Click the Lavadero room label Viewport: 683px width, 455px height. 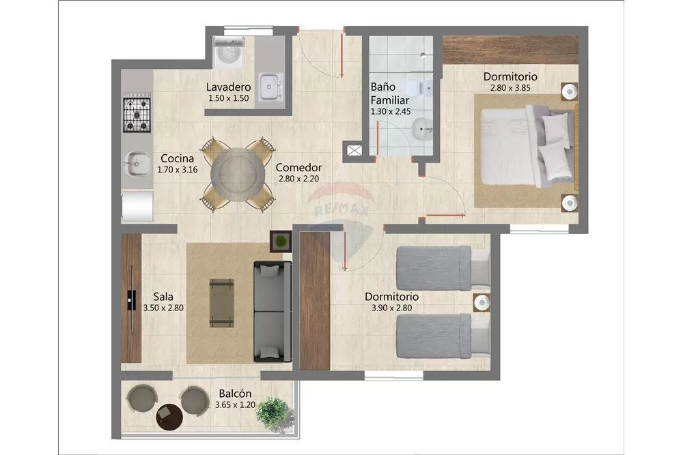[x=228, y=87]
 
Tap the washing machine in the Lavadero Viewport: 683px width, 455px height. [x=228, y=53]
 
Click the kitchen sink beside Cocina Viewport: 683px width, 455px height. [x=135, y=164]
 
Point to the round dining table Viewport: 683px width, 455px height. [x=238, y=175]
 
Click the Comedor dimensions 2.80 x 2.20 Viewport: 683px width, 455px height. [x=298, y=179]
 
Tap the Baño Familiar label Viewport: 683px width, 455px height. [x=389, y=93]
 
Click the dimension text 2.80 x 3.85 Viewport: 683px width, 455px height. [x=510, y=88]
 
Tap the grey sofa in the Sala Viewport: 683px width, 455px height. [x=273, y=312]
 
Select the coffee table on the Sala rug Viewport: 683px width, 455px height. [x=222, y=303]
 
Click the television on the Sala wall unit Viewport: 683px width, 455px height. [x=131, y=300]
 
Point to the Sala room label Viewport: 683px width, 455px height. [x=163, y=297]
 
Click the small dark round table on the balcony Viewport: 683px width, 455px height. [x=169, y=417]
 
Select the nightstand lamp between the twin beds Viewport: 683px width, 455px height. [x=482, y=302]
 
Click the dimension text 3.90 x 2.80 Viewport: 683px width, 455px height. [x=391, y=308]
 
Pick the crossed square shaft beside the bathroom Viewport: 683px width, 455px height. [x=354, y=151]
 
